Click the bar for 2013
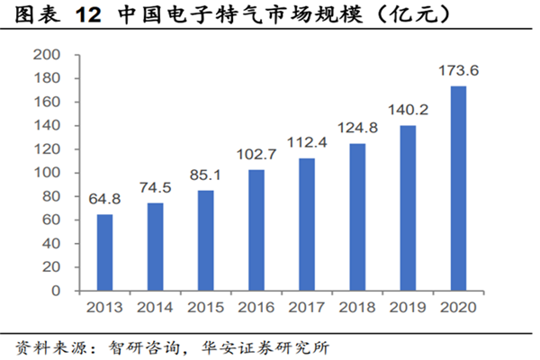(105, 253)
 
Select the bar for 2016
(256, 230)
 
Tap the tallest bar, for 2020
(458, 188)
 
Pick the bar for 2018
(357, 217)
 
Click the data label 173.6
(458, 70)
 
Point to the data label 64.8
(105, 199)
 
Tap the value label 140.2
(408, 110)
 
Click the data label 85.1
(206, 175)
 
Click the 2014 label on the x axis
(156, 308)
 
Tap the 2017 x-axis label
(307, 308)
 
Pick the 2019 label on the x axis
(408, 308)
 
